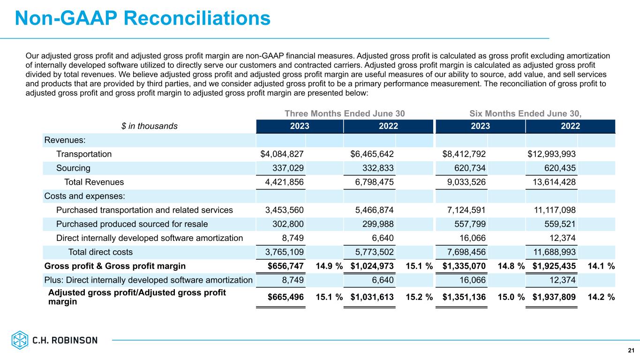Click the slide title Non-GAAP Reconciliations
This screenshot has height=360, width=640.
tap(143, 18)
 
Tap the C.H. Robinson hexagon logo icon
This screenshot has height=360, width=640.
tap(20, 340)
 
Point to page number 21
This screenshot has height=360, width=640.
tap(631, 351)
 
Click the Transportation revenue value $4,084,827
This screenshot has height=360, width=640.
tap(282, 154)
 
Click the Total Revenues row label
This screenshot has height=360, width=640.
tap(94, 182)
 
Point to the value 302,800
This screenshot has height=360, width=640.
tap(286, 224)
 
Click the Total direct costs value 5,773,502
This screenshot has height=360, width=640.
tap(372, 252)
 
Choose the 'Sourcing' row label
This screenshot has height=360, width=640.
tap(73, 168)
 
